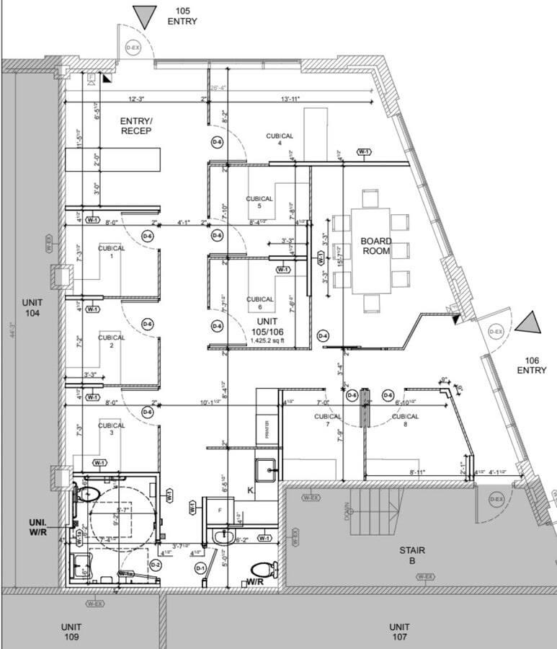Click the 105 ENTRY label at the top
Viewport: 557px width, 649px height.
tap(182, 16)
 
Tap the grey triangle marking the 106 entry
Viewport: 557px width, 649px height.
tap(529, 322)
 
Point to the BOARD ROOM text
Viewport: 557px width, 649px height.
tap(376, 246)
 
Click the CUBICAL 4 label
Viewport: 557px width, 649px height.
tap(279, 139)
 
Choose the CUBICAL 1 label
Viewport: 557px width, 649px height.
tap(111, 252)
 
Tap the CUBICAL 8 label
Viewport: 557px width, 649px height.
tap(405, 420)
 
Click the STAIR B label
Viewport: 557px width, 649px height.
tap(412, 555)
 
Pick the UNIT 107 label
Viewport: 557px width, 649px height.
tap(399, 632)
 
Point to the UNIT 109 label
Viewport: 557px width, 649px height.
tap(71, 632)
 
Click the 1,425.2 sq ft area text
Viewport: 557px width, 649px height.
tap(268, 340)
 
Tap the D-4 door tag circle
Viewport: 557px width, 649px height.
tap(323, 336)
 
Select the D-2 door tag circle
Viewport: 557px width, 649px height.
tap(154, 565)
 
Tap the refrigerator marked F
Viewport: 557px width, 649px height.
tap(220, 508)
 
